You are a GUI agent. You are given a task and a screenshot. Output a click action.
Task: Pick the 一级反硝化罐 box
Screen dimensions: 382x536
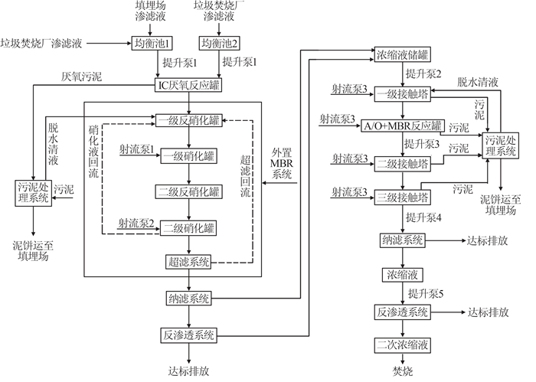(188, 119)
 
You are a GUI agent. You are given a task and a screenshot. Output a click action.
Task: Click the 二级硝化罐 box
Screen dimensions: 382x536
(188, 227)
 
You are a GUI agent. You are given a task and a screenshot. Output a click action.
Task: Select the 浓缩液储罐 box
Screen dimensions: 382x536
(403, 54)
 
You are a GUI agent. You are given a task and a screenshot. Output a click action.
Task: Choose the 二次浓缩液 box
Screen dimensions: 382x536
(402, 344)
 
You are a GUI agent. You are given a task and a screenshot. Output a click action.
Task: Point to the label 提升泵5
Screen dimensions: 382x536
(426, 293)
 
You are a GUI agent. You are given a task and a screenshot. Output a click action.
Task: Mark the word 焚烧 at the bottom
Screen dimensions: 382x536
(402, 371)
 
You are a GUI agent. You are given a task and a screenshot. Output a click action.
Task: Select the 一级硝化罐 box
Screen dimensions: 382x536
(188, 156)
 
